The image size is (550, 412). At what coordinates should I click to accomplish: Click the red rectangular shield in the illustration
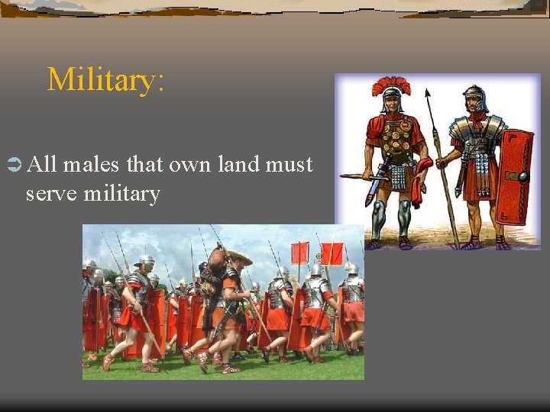513,177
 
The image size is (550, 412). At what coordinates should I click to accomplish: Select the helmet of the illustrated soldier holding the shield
474,97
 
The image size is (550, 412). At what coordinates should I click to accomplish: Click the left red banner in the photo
299,253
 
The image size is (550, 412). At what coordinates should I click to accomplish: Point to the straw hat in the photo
238,257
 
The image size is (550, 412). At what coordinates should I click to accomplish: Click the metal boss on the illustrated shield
523,176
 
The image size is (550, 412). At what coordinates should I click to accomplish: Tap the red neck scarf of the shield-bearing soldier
477,118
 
